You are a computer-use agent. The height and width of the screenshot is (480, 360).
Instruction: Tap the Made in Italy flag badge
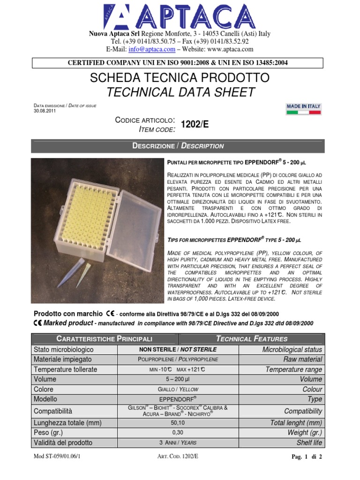click(303, 109)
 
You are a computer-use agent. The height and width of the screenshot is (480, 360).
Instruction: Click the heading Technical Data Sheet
click(180, 92)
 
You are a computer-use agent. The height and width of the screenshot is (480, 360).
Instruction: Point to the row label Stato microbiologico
click(63, 350)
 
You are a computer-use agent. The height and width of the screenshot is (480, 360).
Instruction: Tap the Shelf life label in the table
click(309, 443)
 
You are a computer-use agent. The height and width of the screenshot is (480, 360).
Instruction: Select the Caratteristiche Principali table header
click(104, 338)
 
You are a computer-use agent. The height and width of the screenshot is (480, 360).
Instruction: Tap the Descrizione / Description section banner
click(178, 146)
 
